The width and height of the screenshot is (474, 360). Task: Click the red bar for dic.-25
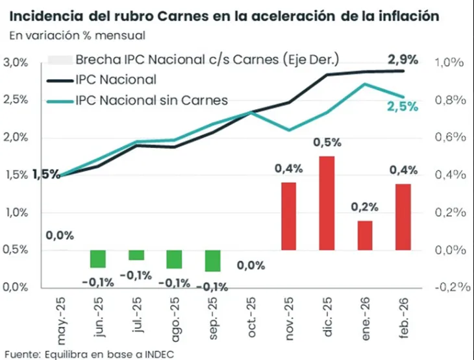[x=326, y=203]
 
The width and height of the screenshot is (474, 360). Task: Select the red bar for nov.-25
[x=288, y=216]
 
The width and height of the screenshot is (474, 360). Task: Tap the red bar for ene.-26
[x=364, y=235]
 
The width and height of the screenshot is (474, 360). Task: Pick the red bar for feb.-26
[x=403, y=217]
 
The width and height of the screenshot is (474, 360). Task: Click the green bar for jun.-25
[x=97, y=258]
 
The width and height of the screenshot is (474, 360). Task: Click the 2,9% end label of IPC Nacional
[x=403, y=58]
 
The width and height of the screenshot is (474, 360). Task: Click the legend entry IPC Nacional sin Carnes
[x=151, y=100]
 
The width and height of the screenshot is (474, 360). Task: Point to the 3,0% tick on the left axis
[x=15, y=63]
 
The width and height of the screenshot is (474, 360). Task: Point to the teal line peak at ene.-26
[x=365, y=84]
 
